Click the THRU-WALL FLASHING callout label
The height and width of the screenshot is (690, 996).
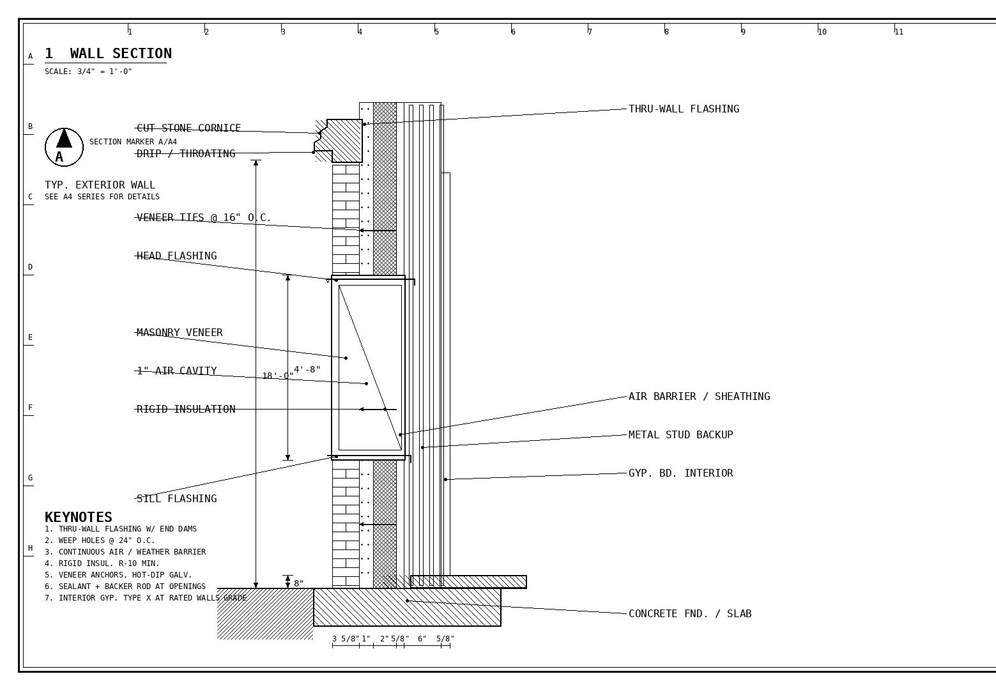684,109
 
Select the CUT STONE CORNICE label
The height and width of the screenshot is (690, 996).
188,128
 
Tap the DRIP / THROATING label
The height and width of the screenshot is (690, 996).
186,153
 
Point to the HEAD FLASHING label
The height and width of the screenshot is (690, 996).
176,256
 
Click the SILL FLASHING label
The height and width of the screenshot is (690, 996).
176,498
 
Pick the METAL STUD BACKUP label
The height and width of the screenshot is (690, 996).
681,434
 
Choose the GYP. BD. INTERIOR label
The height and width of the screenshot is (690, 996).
681,473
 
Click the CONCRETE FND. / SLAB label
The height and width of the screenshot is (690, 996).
690,613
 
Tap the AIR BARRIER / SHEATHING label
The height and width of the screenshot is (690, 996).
699,396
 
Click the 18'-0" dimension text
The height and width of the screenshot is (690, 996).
278,376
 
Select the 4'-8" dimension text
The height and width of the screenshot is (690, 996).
307,369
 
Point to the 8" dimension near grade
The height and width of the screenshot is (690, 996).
299,583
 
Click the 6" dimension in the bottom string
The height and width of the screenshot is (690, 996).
422,638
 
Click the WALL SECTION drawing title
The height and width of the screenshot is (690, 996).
108,54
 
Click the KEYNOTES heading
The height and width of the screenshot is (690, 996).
78,517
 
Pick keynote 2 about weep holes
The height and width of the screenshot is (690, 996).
100,540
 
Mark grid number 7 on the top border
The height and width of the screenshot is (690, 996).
590,31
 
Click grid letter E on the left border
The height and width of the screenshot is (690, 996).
30,337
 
